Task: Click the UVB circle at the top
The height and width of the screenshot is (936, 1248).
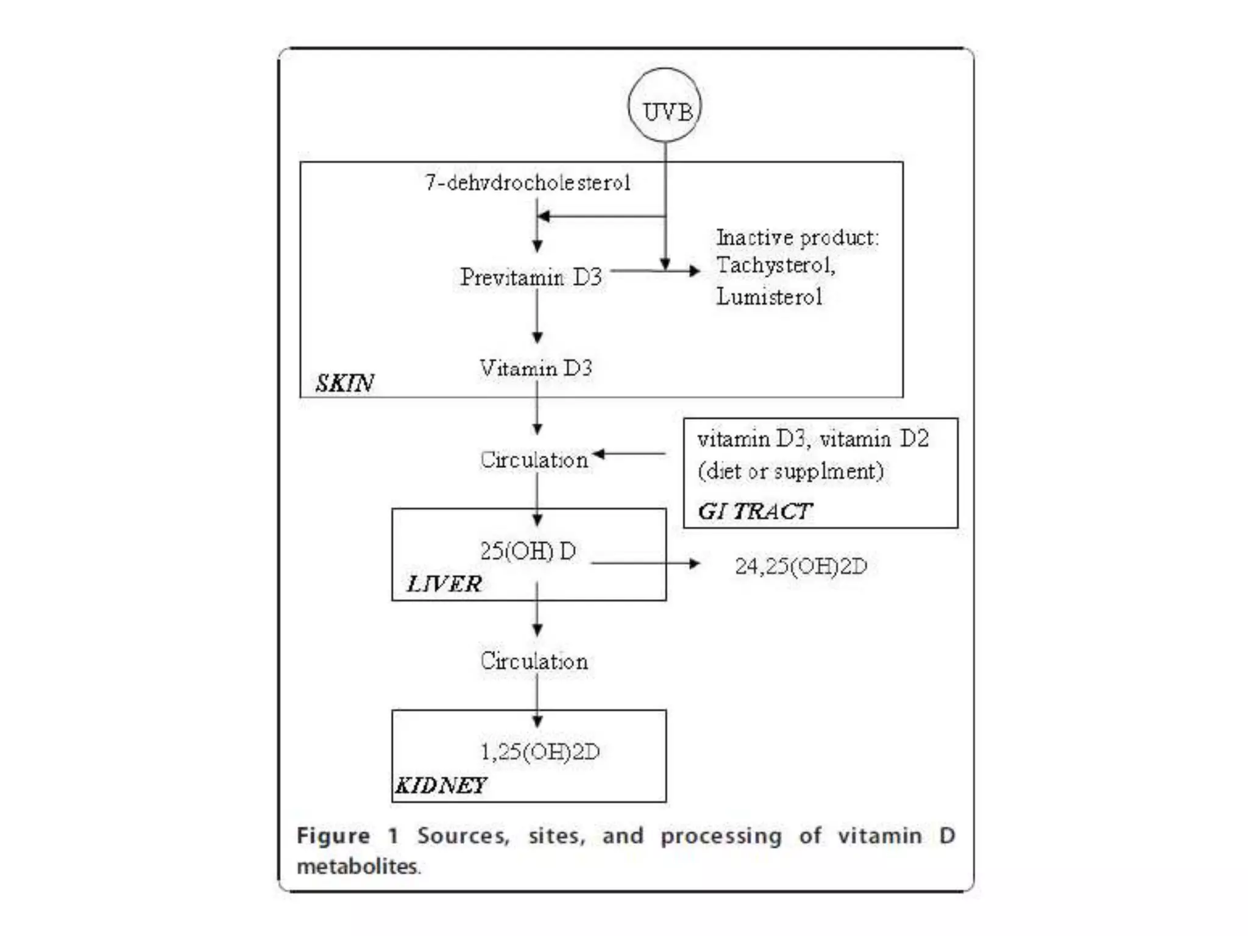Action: click(665, 106)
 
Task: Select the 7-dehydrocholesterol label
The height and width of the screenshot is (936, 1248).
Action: click(528, 182)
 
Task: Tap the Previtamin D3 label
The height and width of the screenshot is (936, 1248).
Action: click(531, 277)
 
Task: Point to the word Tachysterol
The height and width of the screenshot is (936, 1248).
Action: click(775, 266)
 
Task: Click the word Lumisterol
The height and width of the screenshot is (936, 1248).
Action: click(769, 297)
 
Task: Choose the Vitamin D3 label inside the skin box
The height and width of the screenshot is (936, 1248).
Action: click(536, 368)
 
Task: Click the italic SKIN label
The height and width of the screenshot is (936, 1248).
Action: click(345, 383)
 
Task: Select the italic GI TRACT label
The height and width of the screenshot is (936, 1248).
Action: click(754, 511)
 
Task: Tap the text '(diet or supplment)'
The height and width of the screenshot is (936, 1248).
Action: click(790, 471)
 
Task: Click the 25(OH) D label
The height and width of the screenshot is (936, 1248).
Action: click(528, 551)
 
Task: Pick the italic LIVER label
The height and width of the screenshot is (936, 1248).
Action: click(444, 584)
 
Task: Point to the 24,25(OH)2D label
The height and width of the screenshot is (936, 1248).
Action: click(800, 566)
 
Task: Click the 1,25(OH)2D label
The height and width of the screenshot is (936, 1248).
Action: click(540, 752)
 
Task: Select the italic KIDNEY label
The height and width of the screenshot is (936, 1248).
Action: click(441, 785)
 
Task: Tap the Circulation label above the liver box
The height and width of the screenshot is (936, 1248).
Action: click(534, 460)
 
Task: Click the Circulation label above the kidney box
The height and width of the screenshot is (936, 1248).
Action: click(534, 661)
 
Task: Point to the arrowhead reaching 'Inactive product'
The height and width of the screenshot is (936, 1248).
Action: click(693, 271)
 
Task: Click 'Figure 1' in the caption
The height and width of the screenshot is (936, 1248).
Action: click(347, 835)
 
